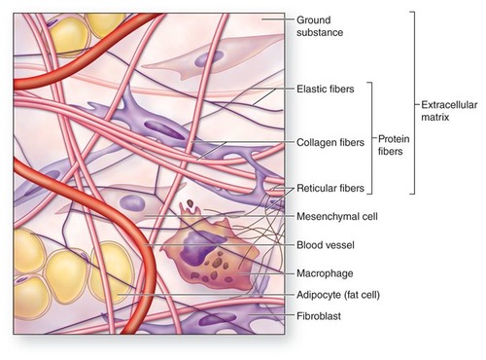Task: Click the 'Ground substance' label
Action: [322, 25]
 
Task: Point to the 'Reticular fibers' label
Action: [329, 187]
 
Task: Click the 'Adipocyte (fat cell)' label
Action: [336, 294]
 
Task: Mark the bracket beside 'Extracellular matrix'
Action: [413, 103]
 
